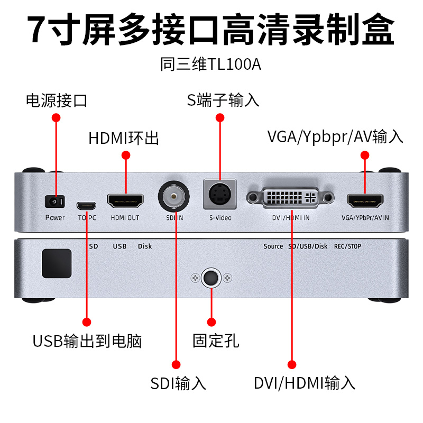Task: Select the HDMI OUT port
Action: coord(126,200)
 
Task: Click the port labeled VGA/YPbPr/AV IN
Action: coord(365,200)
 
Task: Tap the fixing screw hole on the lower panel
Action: coord(212,278)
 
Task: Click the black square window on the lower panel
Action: coord(57,263)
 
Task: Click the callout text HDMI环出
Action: coord(124,139)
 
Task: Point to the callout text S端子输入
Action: coord(223,99)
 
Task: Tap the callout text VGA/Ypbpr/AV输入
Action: coord(336,137)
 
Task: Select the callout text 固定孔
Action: coord(216,340)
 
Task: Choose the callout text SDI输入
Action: coord(178,382)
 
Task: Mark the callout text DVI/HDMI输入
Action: coord(304,382)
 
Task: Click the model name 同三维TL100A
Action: coord(211,65)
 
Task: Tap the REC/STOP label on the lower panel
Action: coord(347,246)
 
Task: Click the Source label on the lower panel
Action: coord(273,246)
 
